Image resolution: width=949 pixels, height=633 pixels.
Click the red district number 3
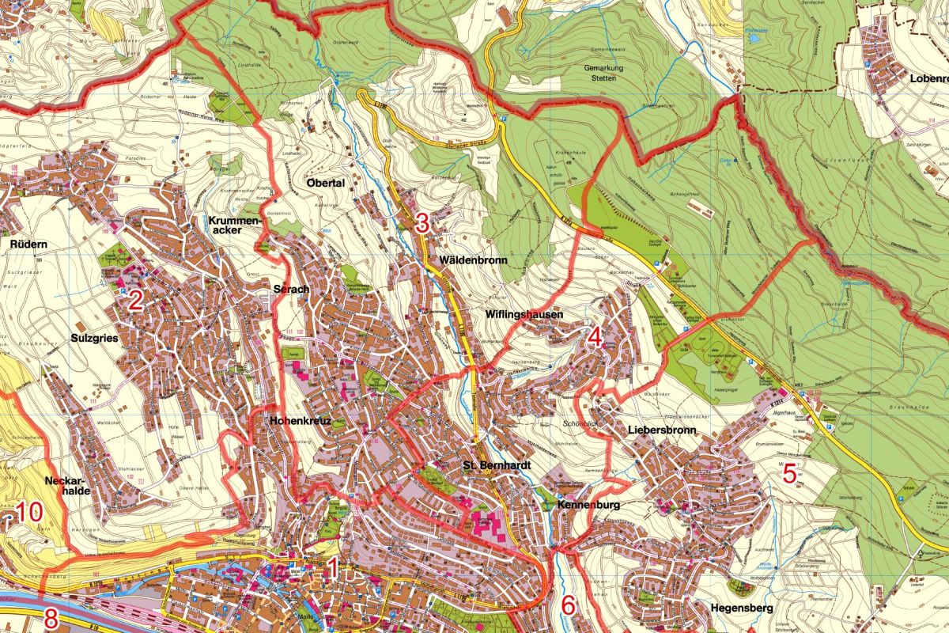(x=422, y=223)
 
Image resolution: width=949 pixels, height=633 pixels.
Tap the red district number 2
(x=135, y=301)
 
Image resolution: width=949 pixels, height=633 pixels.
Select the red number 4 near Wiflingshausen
(x=595, y=338)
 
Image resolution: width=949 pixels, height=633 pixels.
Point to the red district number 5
(x=788, y=474)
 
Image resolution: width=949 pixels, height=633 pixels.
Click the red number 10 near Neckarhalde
(x=28, y=512)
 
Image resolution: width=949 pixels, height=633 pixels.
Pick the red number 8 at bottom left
(x=51, y=619)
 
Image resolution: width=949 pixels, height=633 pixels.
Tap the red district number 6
(x=568, y=605)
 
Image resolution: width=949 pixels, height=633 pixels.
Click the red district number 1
(x=332, y=567)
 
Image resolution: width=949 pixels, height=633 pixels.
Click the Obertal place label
(x=325, y=183)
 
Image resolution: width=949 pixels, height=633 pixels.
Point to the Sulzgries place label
(x=94, y=338)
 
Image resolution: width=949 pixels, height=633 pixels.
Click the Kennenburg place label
(x=586, y=504)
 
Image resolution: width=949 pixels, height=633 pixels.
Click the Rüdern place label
(x=29, y=244)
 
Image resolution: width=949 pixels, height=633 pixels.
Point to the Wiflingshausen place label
(x=524, y=315)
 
